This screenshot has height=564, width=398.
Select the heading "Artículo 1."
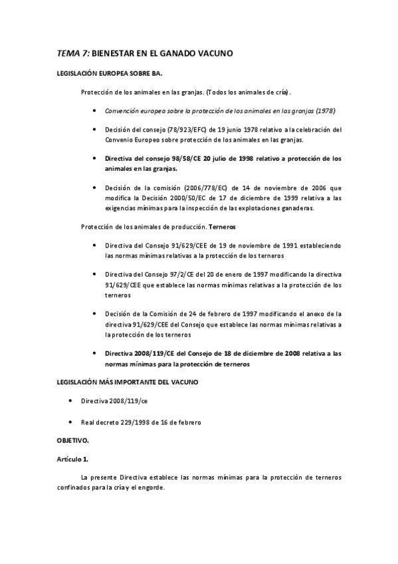(73, 459)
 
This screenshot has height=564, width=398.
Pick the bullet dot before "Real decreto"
(71, 422)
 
